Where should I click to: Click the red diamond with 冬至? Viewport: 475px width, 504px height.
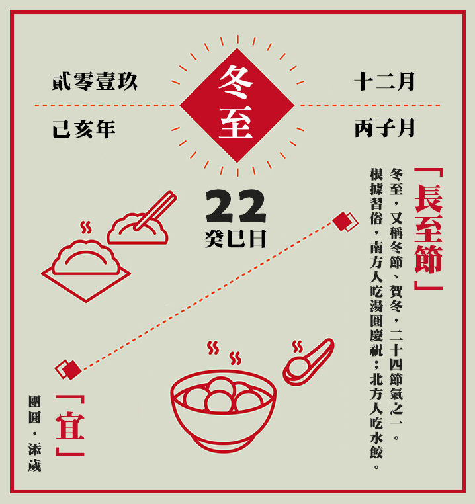(x=237, y=105)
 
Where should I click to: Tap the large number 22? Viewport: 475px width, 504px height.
(x=236, y=207)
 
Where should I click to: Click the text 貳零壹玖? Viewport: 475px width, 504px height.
(x=95, y=82)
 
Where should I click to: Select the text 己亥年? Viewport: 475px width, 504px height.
(x=83, y=128)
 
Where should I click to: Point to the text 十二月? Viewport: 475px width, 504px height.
(x=384, y=82)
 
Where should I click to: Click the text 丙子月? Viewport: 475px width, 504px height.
(x=384, y=128)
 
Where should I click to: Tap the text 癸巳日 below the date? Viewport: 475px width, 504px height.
(x=236, y=239)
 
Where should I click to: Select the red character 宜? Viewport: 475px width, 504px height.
(x=70, y=425)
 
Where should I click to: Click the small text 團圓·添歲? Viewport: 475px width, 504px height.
(x=34, y=434)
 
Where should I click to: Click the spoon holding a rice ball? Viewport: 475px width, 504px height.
(x=308, y=362)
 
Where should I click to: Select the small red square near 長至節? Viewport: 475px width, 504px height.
(x=344, y=221)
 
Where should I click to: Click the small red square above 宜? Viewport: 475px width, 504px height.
(x=68, y=370)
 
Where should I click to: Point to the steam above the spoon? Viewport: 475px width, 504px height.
(x=298, y=346)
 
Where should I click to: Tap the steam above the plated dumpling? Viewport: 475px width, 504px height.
(x=85, y=228)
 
